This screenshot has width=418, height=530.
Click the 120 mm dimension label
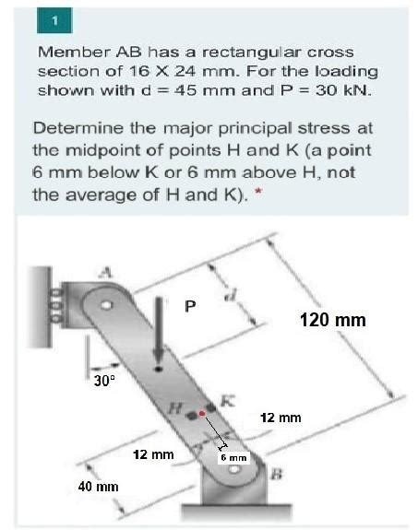click(333, 320)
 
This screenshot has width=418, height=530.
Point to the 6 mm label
click(233, 456)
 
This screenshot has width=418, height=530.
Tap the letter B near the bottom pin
click(274, 474)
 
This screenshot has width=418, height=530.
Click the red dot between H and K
click(202, 414)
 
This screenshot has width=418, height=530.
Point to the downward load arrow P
click(159, 341)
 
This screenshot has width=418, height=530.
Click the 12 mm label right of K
click(281, 418)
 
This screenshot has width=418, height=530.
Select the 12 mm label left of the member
click(153, 454)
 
